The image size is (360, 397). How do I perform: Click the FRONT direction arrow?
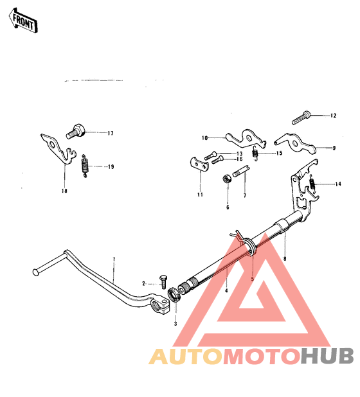(x=23, y=21)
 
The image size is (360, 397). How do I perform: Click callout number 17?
(x=111, y=134)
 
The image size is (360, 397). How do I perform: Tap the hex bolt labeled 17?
(x=76, y=131)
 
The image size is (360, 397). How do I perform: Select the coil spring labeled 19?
(x=85, y=166)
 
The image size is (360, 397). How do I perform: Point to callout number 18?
(x=64, y=191)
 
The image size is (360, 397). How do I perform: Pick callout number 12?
(x=333, y=116)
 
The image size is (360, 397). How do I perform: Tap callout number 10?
(x=204, y=138)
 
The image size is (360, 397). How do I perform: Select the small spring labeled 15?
(x=255, y=154)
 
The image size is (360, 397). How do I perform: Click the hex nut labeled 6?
(x=227, y=179)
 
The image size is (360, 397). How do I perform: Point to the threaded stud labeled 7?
(x=241, y=171)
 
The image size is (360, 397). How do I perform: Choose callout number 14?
(x=338, y=184)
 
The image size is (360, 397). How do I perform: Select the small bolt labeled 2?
(x=163, y=281)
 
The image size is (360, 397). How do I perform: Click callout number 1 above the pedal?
(x=114, y=259)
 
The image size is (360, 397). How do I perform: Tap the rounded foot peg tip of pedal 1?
(x=36, y=272)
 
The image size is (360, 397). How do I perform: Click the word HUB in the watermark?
(x=327, y=356)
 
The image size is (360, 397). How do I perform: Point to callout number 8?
(x=285, y=259)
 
